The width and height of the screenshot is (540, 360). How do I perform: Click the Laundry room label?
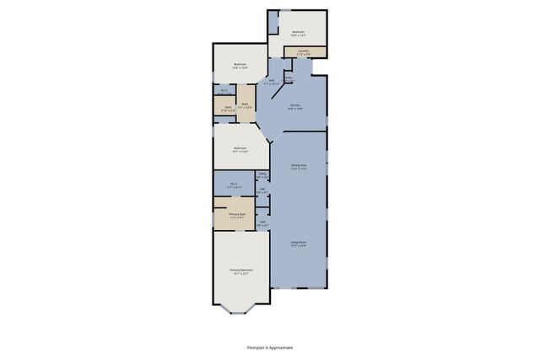(302, 51)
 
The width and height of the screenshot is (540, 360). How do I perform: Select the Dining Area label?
(298, 165)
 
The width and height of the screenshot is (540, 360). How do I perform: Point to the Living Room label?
(298, 242)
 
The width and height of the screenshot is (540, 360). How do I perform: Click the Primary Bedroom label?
(241, 270)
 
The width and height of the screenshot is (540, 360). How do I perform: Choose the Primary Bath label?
(237, 214)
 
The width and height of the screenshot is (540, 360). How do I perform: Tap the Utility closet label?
(262, 175)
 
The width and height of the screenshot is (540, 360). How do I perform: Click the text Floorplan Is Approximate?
(270, 347)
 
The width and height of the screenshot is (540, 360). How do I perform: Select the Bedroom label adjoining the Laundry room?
(298, 32)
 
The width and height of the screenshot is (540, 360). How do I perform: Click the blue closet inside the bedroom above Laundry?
(273, 23)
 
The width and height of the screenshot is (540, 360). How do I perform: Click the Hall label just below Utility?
(262, 190)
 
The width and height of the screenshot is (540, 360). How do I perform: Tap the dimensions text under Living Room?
(298, 246)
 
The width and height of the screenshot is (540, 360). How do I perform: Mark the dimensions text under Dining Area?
(298, 169)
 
